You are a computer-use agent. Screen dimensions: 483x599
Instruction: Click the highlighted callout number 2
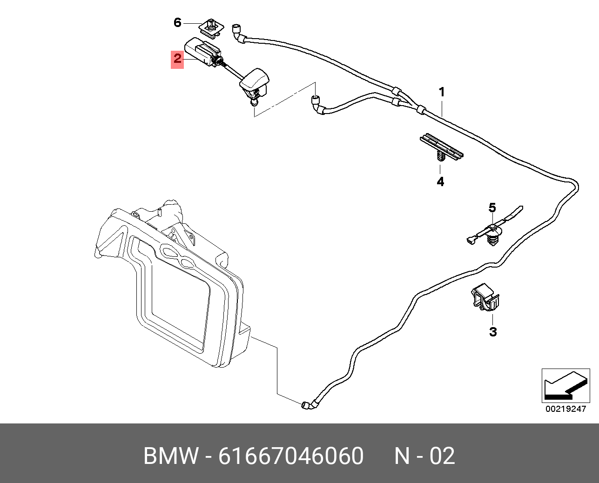(177, 60)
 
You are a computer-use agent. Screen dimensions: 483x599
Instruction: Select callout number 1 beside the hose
(442, 92)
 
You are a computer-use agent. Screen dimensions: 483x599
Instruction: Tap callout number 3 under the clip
(493, 332)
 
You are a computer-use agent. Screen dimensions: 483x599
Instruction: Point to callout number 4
(440, 181)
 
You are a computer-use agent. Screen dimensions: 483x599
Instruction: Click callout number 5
(492, 208)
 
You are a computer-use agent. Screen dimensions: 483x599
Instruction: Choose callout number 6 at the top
(177, 22)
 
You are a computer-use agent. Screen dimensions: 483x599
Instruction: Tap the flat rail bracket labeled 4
(442, 147)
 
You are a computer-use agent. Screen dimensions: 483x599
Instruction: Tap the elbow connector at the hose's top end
(238, 33)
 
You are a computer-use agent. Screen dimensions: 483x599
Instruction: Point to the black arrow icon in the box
(565, 386)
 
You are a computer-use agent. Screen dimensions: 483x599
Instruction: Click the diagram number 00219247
(565, 409)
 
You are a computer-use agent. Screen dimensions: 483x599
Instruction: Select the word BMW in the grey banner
(171, 456)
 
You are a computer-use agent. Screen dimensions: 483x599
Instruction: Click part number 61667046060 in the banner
(291, 456)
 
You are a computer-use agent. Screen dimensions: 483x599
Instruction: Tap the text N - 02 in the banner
(424, 456)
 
